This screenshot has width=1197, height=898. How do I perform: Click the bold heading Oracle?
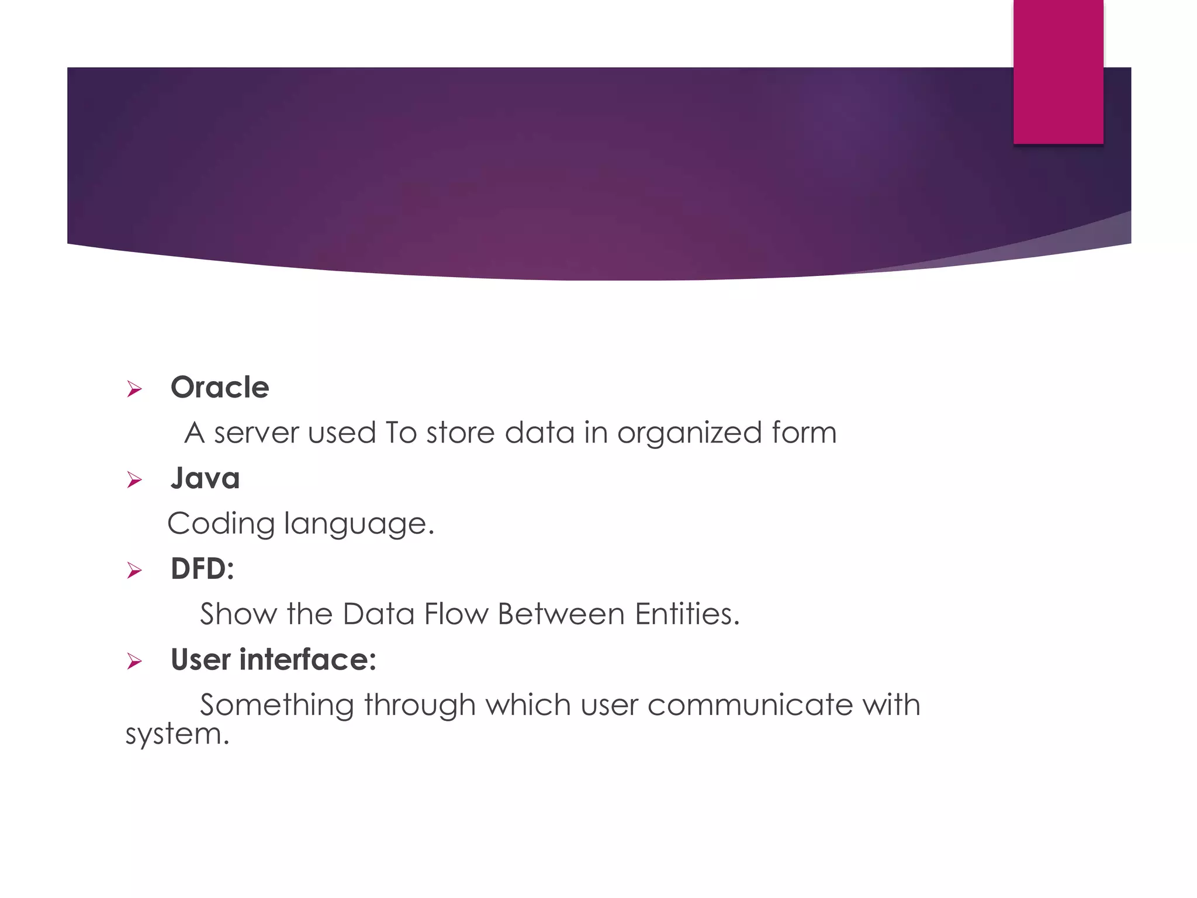220,388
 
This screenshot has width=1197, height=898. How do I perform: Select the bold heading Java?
205,478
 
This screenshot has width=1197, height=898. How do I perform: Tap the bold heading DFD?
202,569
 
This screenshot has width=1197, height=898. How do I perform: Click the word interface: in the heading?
307,659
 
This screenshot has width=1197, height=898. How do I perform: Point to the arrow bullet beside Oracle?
134,389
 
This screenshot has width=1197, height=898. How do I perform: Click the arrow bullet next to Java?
134,480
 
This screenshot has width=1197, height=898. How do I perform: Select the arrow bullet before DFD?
134,570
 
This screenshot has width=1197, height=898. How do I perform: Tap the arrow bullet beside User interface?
134,661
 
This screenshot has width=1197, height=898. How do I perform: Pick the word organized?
689,433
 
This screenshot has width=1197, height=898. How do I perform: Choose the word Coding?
221,524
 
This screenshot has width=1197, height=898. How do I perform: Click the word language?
359,524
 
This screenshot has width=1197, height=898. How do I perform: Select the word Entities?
687,614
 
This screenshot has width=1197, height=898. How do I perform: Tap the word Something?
277,705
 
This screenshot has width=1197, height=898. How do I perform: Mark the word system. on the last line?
178,734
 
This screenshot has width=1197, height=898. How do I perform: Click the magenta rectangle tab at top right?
1058,71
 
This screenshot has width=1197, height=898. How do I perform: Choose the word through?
420,705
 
